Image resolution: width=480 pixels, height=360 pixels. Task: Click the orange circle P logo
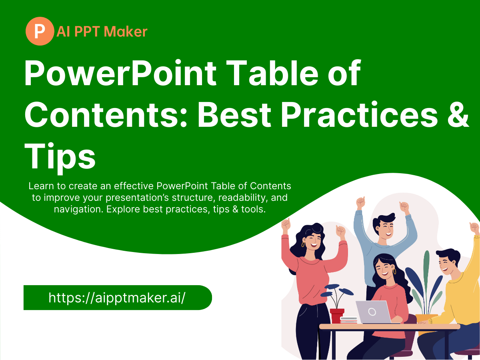pyautogui.click(x=40, y=31)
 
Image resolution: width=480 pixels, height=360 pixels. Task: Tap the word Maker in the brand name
pyautogui.click(x=126, y=32)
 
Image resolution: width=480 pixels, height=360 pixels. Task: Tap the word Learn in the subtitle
pyautogui.click(x=41, y=186)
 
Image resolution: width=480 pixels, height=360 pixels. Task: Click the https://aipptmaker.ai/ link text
pyautogui.click(x=117, y=298)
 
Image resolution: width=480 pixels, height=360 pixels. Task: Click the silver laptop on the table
pyautogui.click(x=374, y=312)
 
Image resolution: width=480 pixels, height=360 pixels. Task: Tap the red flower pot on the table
pyautogui.click(x=337, y=316)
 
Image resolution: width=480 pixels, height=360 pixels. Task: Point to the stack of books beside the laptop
pyautogui.click(x=349, y=320)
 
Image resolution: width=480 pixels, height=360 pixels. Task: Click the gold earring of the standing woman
pyautogui.click(x=303, y=244)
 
